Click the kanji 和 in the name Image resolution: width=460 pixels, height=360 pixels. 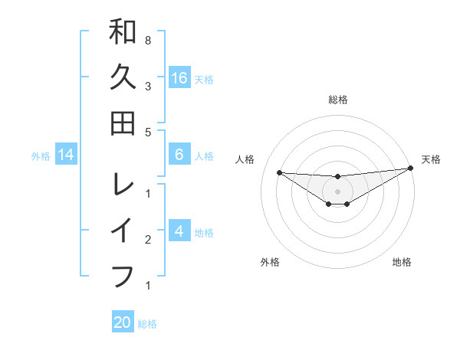(x=123, y=32)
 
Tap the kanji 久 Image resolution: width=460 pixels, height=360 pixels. (x=123, y=77)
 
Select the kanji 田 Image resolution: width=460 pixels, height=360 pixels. (x=123, y=123)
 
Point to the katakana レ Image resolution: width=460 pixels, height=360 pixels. (x=123, y=185)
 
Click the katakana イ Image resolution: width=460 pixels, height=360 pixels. (x=123, y=230)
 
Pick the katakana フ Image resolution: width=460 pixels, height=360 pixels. (x=123, y=275)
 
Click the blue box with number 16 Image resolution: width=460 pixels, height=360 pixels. (x=179, y=77)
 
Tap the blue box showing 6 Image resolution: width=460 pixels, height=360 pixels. (x=179, y=155)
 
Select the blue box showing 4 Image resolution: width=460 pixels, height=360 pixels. (x=179, y=231)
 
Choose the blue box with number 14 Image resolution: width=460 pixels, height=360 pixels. (x=66, y=155)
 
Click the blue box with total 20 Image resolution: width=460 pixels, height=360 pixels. (x=123, y=322)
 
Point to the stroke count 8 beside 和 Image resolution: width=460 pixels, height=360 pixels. (x=147, y=40)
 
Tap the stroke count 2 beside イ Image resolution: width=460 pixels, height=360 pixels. (x=147, y=240)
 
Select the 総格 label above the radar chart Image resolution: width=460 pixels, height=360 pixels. (x=338, y=100)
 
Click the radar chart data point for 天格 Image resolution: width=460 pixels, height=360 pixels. (x=411, y=169)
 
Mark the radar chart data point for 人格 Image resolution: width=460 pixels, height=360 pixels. (x=279, y=172)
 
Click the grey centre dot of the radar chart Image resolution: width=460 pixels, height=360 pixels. (x=338, y=191)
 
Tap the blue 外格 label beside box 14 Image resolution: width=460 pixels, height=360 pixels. (x=41, y=156)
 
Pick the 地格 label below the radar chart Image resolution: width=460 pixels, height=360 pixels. (x=402, y=262)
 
